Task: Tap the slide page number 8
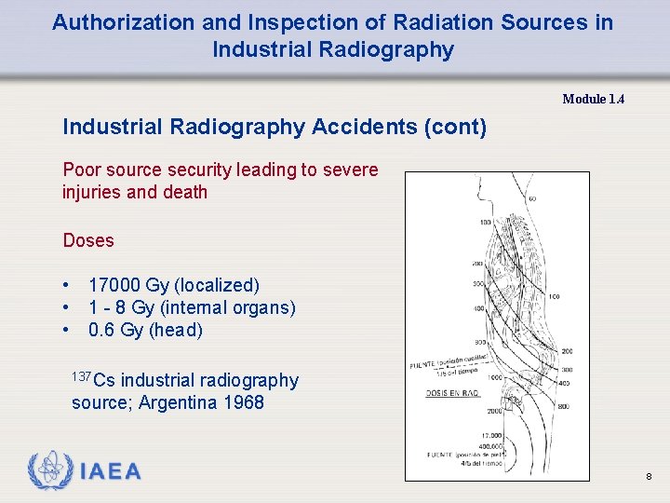648,477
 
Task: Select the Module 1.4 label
593,99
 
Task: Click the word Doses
88,240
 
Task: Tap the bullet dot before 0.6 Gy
67,330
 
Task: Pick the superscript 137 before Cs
82,375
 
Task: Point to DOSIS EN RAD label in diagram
451,392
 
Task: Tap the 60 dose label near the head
531,198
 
